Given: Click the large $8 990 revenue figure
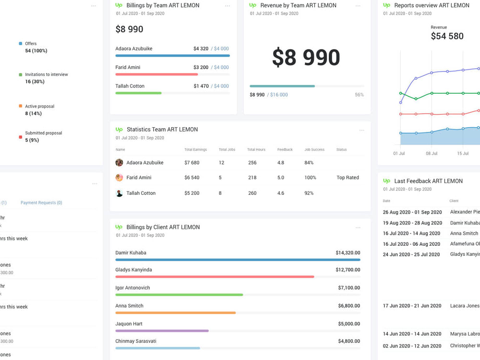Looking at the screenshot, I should click(x=306, y=58).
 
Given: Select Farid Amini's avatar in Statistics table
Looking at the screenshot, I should click(x=119, y=178).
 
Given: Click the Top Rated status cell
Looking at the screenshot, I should click(x=348, y=178).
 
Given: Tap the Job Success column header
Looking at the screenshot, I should click(x=314, y=150).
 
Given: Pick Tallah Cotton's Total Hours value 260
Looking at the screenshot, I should click(x=252, y=193).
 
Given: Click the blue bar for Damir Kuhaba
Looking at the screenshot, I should click(x=238, y=260).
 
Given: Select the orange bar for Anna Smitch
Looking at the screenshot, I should click(x=175, y=312).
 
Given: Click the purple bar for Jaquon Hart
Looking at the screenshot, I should click(x=162, y=331).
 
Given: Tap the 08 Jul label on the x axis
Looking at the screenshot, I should click(x=431, y=154).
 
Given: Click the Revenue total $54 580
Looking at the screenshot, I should click(x=447, y=36).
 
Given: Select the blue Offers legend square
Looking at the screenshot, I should click(x=20, y=44).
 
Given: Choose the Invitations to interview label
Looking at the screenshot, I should click(x=46, y=74).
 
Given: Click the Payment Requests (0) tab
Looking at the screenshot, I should click(x=41, y=203).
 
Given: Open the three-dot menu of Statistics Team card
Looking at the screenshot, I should click(x=361, y=130).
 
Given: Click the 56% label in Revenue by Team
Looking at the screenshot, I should click(x=359, y=95).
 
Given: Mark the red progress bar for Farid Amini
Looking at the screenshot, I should click(x=156, y=74).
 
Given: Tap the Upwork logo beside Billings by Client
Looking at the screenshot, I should click(x=119, y=227).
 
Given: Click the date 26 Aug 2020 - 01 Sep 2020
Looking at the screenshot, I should click(x=412, y=212).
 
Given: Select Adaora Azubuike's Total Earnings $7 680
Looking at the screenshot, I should click(x=192, y=163).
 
